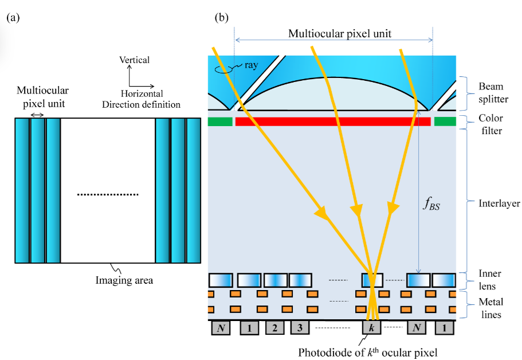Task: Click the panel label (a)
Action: (13, 18)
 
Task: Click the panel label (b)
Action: (222, 18)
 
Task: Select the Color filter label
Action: (492, 125)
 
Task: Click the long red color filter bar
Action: (325, 122)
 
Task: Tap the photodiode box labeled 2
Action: (275, 328)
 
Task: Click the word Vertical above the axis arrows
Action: (134, 60)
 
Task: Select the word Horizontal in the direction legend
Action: (142, 94)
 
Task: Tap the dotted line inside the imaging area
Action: (108, 195)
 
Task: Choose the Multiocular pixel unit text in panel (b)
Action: (339, 34)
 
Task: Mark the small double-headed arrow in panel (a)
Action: (38, 115)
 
